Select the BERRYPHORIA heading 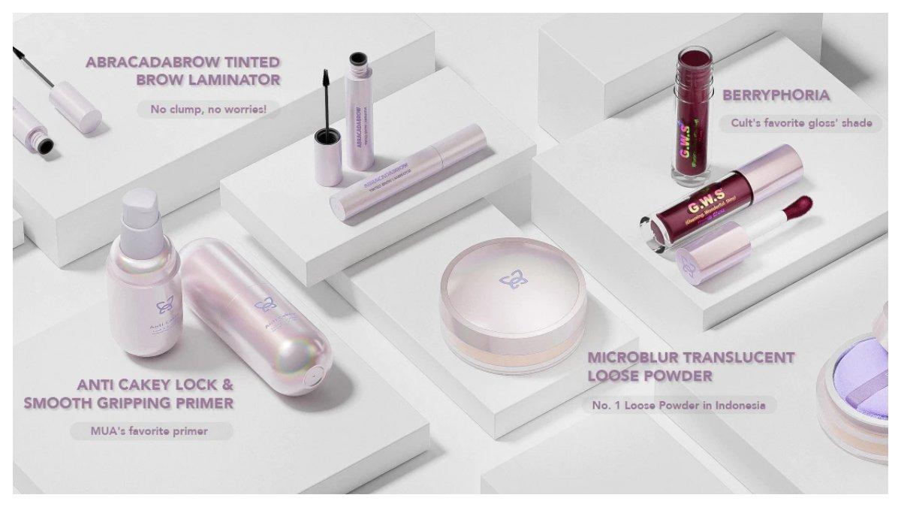(x=776, y=95)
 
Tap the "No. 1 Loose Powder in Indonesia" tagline (x=678, y=405)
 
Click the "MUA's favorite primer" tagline (x=151, y=431)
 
